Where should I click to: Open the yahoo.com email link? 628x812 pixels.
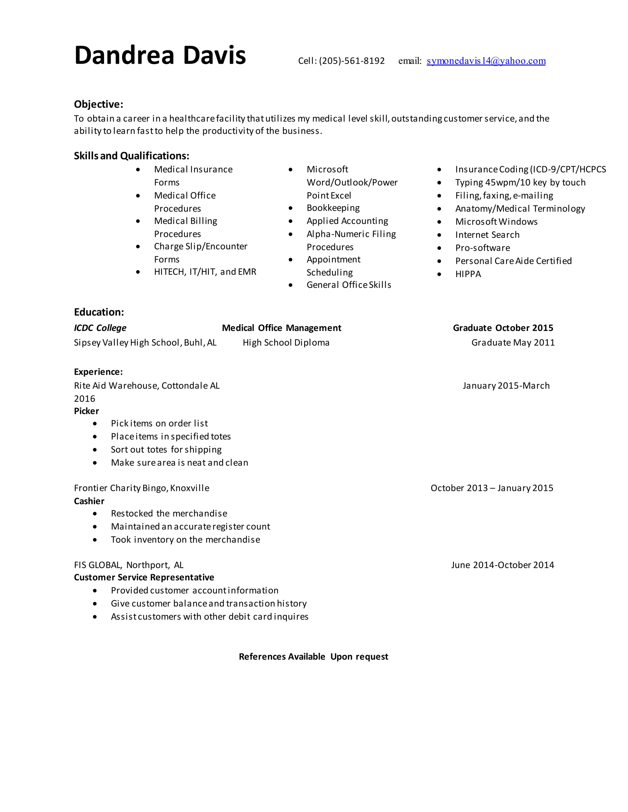(486, 61)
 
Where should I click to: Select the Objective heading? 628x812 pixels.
(98, 104)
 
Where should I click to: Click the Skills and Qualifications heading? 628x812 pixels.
(131, 156)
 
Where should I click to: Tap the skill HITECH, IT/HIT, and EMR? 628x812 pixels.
(205, 272)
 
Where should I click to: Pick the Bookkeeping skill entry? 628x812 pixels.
(333, 208)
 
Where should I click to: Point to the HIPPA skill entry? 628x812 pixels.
(468, 274)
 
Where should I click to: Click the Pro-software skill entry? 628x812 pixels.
(483, 248)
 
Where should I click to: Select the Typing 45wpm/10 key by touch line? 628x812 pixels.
(520, 183)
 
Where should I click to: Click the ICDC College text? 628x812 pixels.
(100, 328)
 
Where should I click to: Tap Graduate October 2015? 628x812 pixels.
(503, 328)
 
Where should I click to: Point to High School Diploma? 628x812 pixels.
(286, 343)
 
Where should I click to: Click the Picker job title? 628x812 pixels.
(86, 411)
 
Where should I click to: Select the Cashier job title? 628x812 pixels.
(89, 501)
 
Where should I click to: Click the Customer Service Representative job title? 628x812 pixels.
(144, 577)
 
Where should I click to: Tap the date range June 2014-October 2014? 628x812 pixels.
(502, 565)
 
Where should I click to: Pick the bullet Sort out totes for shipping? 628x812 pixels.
(166, 450)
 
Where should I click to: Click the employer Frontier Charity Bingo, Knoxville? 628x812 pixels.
(141, 488)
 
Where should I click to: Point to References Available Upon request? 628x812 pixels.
(313, 657)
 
